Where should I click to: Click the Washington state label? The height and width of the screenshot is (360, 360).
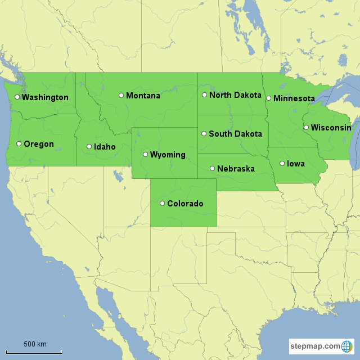[45, 97]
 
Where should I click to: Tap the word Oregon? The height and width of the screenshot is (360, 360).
[39, 144]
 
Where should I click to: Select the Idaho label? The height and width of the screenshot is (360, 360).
[105, 147]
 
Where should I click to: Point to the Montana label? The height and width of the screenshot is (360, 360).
[143, 96]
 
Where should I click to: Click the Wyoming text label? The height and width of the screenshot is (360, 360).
[168, 155]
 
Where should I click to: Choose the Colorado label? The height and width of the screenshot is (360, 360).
[185, 204]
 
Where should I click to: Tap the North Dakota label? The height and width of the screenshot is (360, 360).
[235, 95]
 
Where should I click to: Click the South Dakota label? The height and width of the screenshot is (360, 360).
[235, 134]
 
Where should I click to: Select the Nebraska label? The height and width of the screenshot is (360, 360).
[236, 169]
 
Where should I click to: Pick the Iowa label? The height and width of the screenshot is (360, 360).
[296, 164]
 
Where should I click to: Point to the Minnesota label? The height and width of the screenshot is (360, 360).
[294, 98]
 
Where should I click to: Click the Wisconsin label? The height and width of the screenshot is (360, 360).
[331, 128]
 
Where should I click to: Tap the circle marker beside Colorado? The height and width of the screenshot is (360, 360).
[162, 203]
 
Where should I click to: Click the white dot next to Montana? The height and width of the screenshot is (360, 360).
[121, 95]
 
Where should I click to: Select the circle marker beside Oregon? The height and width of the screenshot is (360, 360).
[19, 143]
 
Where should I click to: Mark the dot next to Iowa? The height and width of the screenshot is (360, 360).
[282, 163]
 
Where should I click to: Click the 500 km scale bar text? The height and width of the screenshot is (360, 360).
[35, 344]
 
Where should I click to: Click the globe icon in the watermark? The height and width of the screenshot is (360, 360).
[348, 346]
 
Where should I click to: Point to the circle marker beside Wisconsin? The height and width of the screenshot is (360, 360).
[306, 127]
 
